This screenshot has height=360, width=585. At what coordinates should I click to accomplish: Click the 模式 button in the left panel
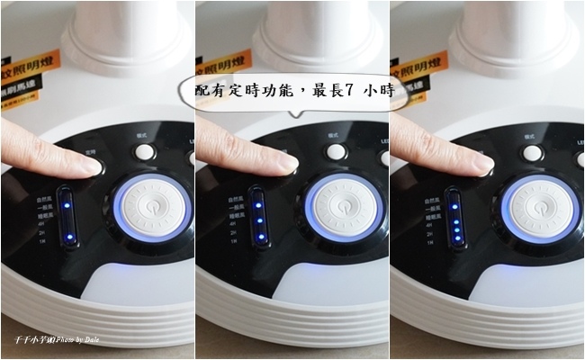[x=143, y=151]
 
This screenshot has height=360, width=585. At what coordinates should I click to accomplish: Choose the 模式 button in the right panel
[x=532, y=152]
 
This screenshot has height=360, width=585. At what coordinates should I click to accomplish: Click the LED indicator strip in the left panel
[x=65, y=217]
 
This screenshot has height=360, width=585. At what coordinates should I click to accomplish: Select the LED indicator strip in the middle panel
[x=259, y=217]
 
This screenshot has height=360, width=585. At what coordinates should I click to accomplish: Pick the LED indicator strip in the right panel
[x=454, y=217]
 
